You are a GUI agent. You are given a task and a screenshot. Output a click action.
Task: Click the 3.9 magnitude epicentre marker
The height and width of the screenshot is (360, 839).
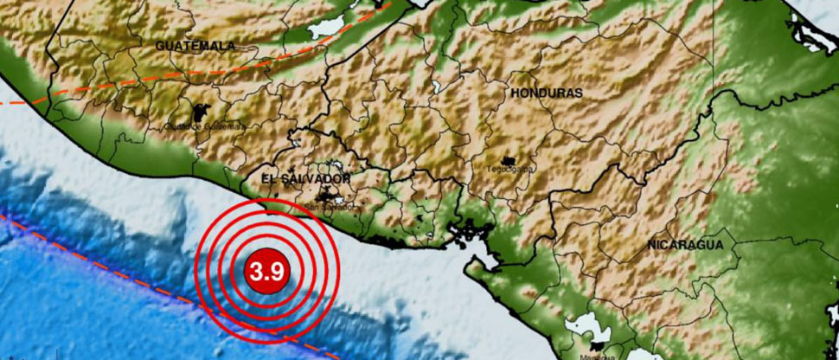(x=267, y=270)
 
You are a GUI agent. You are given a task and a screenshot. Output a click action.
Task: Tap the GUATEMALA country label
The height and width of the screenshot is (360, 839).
(x=196, y=44)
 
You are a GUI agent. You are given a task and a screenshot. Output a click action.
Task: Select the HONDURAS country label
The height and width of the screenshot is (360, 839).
(x=546, y=92)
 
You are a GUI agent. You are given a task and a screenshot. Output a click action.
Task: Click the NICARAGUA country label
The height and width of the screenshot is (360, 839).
(x=685, y=245)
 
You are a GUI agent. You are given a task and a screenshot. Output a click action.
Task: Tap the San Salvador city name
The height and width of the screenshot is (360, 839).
(x=330, y=207)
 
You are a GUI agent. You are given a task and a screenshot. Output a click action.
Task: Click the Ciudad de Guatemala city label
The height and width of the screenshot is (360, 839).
(x=204, y=125)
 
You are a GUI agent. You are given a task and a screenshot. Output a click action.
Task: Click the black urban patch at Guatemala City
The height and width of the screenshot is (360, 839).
(x=202, y=112)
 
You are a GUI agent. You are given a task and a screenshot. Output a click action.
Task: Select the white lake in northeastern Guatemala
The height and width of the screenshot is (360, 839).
(x=326, y=26)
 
